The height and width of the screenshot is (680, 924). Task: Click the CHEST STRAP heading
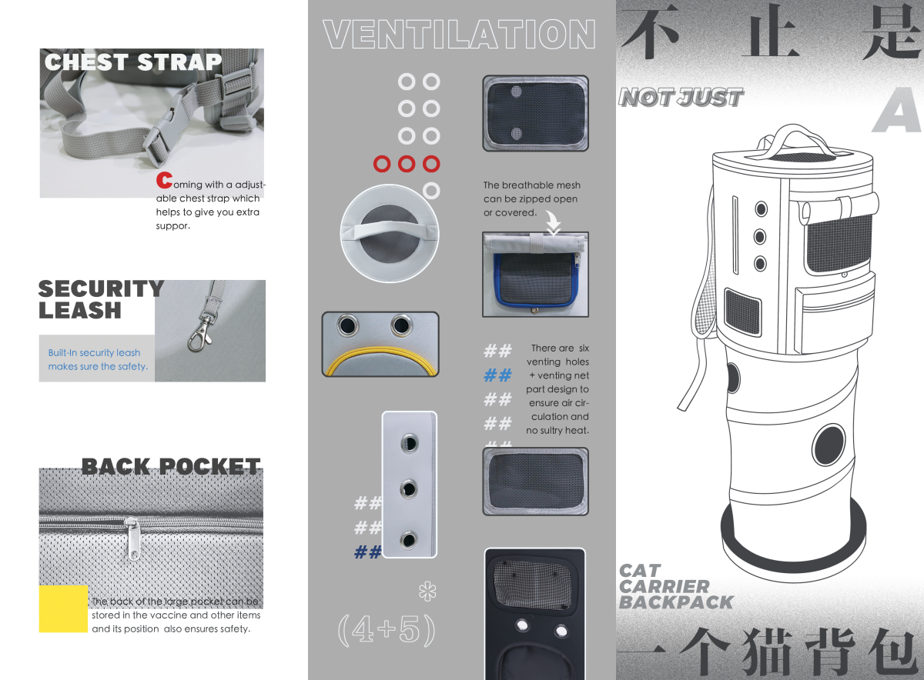[x=133, y=62]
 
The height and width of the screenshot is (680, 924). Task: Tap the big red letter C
[x=163, y=181]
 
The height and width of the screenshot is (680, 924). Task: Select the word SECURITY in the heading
[x=101, y=288]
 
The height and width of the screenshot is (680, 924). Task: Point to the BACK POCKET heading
[x=171, y=467]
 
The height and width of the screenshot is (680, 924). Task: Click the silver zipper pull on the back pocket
[x=134, y=538]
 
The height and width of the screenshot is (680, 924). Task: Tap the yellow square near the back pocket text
[x=63, y=608]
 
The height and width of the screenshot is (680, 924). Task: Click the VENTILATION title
[x=460, y=35]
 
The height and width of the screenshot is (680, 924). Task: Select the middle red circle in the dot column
[x=407, y=164]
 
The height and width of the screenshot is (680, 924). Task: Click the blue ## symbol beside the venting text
[x=497, y=375]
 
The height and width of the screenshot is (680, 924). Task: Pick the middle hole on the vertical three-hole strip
[x=409, y=488]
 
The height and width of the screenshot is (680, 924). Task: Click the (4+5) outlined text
[x=387, y=630]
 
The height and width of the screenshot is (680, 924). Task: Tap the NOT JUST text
[x=681, y=98]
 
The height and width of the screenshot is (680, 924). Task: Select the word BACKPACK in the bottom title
[x=676, y=602]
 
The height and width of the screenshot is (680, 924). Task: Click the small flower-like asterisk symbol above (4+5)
[x=426, y=592]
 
